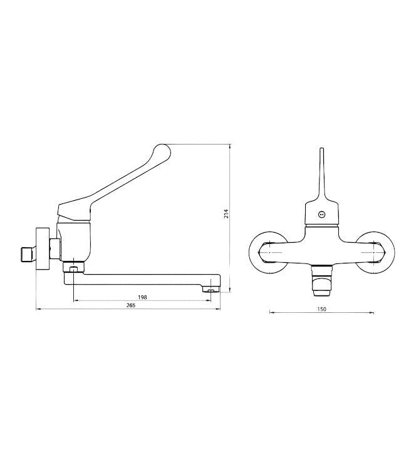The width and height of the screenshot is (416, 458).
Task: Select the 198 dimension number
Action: (142, 297)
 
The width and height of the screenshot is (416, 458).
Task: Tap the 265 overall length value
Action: (130, 305)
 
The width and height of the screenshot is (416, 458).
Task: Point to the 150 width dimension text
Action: (322, 308)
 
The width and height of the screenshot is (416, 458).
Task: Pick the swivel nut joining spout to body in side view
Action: (74, 268)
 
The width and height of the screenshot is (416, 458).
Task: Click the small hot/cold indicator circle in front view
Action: (322, 213)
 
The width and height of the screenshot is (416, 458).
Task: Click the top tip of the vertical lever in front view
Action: (322, 151)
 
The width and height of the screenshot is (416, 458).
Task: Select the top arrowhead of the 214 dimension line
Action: (231, 146)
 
